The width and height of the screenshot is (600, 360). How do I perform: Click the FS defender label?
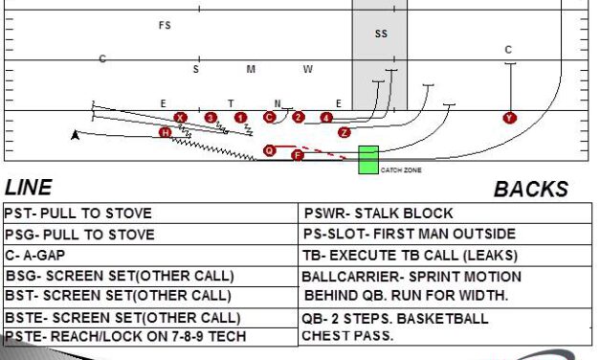click(x=165, y=26)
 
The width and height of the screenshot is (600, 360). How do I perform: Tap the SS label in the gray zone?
click(x=381, y=34)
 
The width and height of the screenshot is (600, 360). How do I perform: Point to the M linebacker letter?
click(x=251, y=69)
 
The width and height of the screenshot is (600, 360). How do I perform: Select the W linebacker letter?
click(x=308, y=69)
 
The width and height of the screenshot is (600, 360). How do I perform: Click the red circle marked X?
click(x=180, y=118)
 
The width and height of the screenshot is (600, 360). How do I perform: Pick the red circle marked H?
click(x=166, y=132)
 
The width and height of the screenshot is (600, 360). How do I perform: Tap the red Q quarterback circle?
click(x=270, y=150)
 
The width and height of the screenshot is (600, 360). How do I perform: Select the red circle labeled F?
click(x=297, y=154)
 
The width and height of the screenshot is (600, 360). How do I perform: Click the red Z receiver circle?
click(x=344, y=132)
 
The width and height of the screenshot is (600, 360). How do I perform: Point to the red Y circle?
click(x=509, y=118)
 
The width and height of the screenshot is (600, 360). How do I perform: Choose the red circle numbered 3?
click(x=211, y=118)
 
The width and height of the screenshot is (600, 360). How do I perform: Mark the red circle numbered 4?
click(x=326, y=118)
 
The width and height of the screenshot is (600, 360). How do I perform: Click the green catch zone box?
click(x=368, y=160)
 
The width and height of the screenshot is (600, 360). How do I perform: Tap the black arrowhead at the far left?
click(x=76, y=135)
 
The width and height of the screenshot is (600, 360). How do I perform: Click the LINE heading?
click(x=29, y=188)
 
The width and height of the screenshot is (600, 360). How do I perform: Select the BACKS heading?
click(x=530, y=190)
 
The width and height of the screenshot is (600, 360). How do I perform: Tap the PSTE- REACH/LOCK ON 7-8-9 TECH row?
click(x=125, y=337)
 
